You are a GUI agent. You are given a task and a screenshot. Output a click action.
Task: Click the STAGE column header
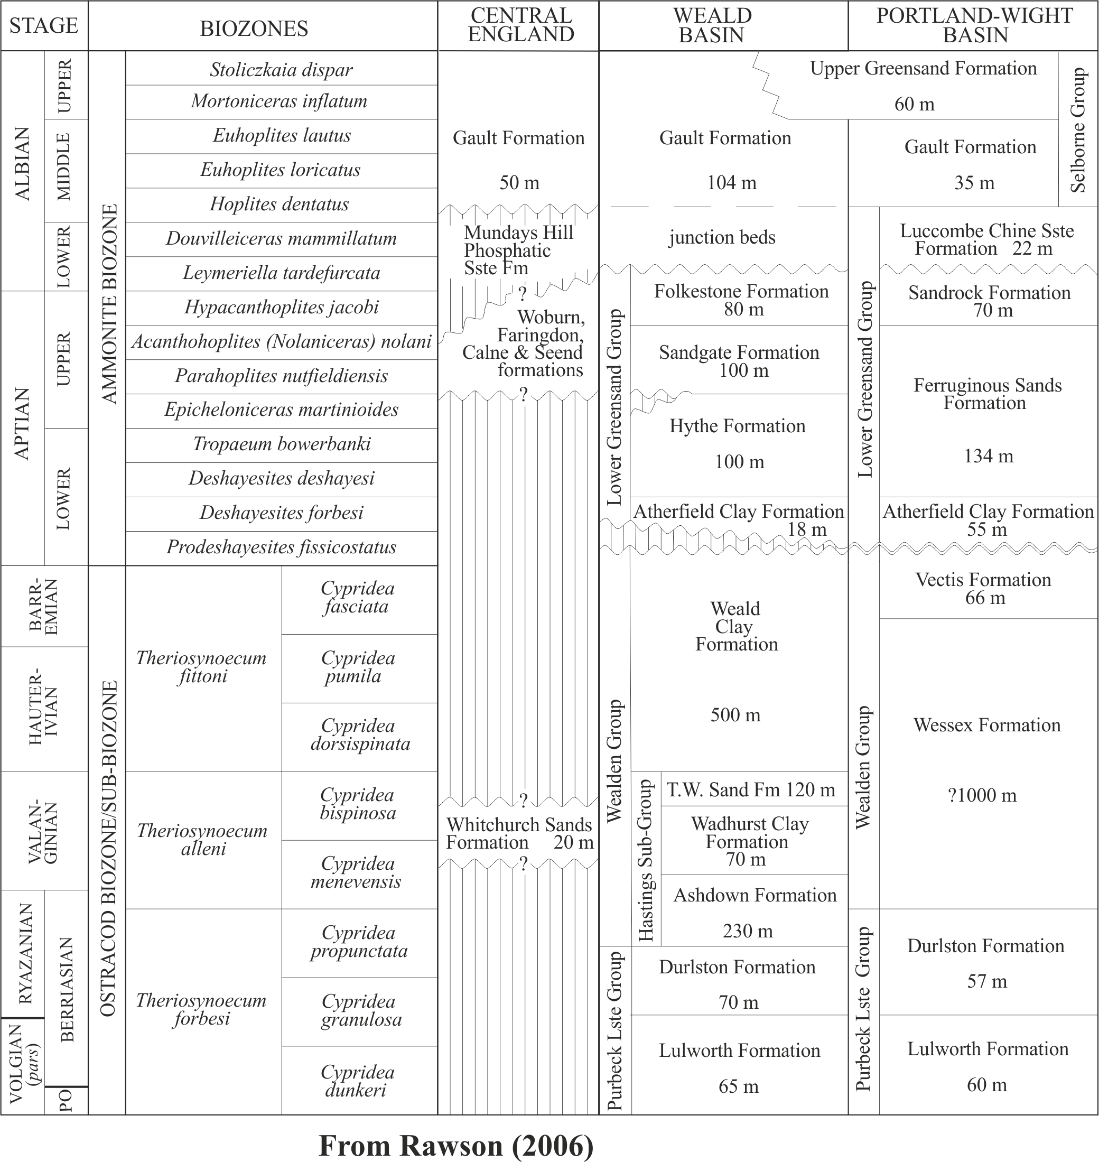click(x=44, y=26)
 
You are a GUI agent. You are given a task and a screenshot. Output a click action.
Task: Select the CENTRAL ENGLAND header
click(x=520, y=26)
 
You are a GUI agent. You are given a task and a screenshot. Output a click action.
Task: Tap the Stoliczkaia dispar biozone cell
click(x=281, y=70)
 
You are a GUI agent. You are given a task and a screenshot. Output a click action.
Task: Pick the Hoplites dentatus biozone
click(x=280, y=204)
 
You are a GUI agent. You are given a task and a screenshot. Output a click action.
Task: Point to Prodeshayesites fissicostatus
click(x=281, y=547)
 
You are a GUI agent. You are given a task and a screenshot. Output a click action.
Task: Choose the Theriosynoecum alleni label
click(x=203, y=839)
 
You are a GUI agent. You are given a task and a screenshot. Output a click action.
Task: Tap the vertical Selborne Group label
click(x=1078, y=129)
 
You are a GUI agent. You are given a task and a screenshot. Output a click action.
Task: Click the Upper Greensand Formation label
click(x=923, y=69)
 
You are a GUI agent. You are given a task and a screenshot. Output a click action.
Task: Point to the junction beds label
click(x=722, y=237)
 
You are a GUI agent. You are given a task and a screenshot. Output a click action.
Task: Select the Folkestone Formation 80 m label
click(x=741, y=300)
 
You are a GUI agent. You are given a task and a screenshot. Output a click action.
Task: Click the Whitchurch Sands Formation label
click(x=519, y=833)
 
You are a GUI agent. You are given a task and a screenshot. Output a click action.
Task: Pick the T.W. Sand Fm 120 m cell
click(x=751, y=789)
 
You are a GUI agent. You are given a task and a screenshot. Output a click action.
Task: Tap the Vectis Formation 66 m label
click(x=984, y=588)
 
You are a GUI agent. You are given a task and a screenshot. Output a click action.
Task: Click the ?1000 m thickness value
click(x=982, y=795)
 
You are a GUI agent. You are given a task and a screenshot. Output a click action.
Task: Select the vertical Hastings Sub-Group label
click(x=645, y=860)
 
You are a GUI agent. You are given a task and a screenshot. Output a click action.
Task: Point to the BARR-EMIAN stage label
click(x=44, y=607)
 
